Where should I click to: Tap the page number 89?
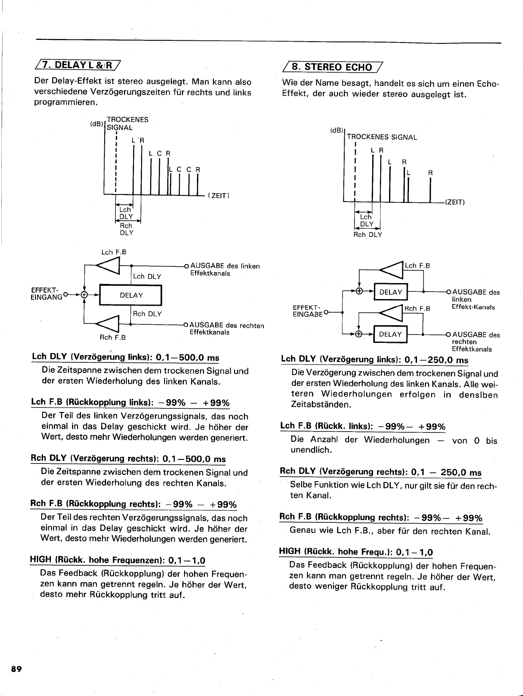17,669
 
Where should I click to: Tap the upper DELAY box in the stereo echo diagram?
390,292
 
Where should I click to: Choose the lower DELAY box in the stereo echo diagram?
390,334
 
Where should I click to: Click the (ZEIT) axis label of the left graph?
218,195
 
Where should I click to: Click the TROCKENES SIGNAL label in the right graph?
381,137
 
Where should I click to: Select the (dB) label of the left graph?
97,124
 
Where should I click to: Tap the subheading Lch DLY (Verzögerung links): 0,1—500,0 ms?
126,358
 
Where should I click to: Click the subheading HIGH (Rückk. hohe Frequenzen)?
117,560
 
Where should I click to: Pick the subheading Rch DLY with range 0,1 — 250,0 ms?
381,472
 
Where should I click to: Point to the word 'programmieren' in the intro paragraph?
66,103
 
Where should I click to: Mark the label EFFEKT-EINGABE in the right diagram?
307,310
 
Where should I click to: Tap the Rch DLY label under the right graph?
367,235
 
